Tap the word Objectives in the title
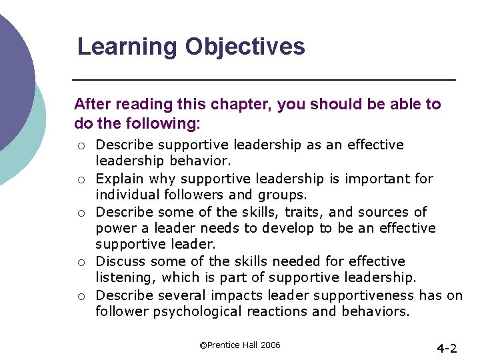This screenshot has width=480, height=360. point(245,47)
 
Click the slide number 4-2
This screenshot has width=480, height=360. point(446,348)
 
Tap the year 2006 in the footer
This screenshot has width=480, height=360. point(269,345)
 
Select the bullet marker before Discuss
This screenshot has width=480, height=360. point(80,262)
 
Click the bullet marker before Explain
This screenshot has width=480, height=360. point(80,179)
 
